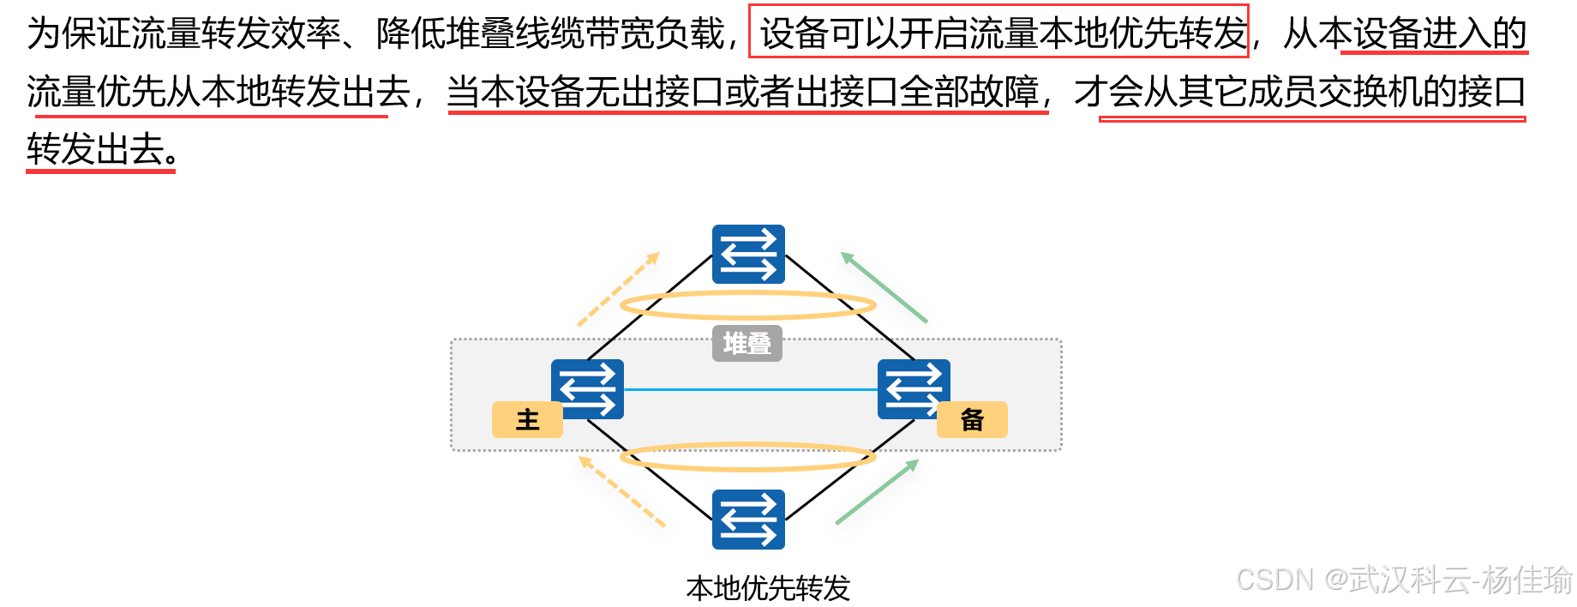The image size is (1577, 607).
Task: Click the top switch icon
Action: [x=748, y=255]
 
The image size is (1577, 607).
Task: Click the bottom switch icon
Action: [x=748, y=520]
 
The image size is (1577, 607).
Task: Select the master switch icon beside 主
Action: [x=588, y=388]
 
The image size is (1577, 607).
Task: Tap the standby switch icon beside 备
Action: [x=914, y=388]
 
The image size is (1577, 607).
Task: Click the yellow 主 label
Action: [x=527, y=420]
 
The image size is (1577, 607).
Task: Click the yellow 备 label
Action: [x=972, y=420]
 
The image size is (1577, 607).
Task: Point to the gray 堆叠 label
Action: [x=747, y=344]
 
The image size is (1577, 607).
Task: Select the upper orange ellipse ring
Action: [x=747, y=293]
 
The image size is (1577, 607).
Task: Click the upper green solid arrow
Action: [x=884, y=287]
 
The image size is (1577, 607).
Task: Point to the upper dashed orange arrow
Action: [x=619, y=289]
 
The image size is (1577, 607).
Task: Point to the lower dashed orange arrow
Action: [x=622, y=491]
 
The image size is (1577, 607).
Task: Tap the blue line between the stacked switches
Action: [x=751, y=390]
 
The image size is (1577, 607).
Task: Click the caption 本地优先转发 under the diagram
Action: [x=768, y=588]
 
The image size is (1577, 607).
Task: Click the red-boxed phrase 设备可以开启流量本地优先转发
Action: [x=999, y=33]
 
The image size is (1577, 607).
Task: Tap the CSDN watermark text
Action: [x=1404, y=580]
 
